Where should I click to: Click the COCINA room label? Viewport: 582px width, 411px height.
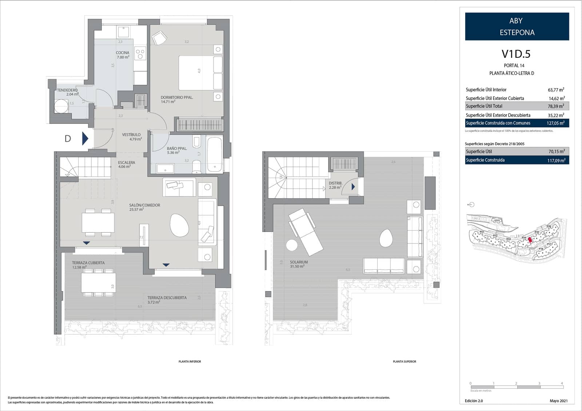[123, 53]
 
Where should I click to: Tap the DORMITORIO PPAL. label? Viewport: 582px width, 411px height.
[177, 97]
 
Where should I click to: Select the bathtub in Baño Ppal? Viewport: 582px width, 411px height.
[214, 155]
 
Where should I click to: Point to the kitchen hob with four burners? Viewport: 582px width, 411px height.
[140, 54]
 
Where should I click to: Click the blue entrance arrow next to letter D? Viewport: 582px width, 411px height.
[85, 138]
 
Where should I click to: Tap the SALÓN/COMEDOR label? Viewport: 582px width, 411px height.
[144, 205]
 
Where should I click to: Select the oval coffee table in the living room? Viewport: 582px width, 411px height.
[179, 226]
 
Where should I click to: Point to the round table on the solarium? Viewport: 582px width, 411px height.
[292, 245]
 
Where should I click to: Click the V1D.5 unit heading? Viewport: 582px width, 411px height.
[516, 54]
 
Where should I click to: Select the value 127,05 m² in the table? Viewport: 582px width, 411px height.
[555, 123]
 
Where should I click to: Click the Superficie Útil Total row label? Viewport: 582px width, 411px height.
[484, 106]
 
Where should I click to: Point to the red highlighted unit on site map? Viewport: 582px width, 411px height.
[530, 239]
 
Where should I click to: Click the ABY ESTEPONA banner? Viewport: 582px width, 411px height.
[517, 27]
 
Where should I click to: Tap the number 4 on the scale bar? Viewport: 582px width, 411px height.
[562, 383]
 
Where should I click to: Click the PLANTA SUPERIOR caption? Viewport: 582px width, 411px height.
[404, 362]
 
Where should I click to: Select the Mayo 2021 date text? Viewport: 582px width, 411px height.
[558, 401]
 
